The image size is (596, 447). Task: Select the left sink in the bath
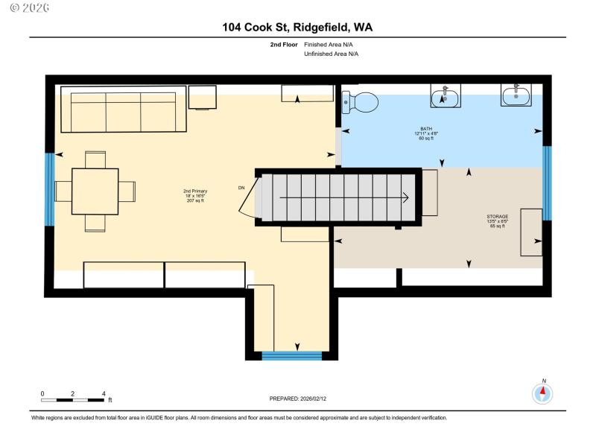(445, 96)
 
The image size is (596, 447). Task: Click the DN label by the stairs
(241, 187)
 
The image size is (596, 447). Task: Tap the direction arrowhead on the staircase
(405, 198)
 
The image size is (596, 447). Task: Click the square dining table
(95, 191)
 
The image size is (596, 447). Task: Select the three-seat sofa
(118, 110)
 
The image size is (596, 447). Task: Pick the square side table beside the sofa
(202, 98)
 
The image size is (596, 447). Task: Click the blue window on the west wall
(50, 189)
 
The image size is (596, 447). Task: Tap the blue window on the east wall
(546, 183)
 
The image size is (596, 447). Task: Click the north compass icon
(543, 393)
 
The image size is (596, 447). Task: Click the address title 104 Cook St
(297, 28)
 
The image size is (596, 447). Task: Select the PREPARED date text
(297, 399)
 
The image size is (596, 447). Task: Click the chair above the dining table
(95, 159)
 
